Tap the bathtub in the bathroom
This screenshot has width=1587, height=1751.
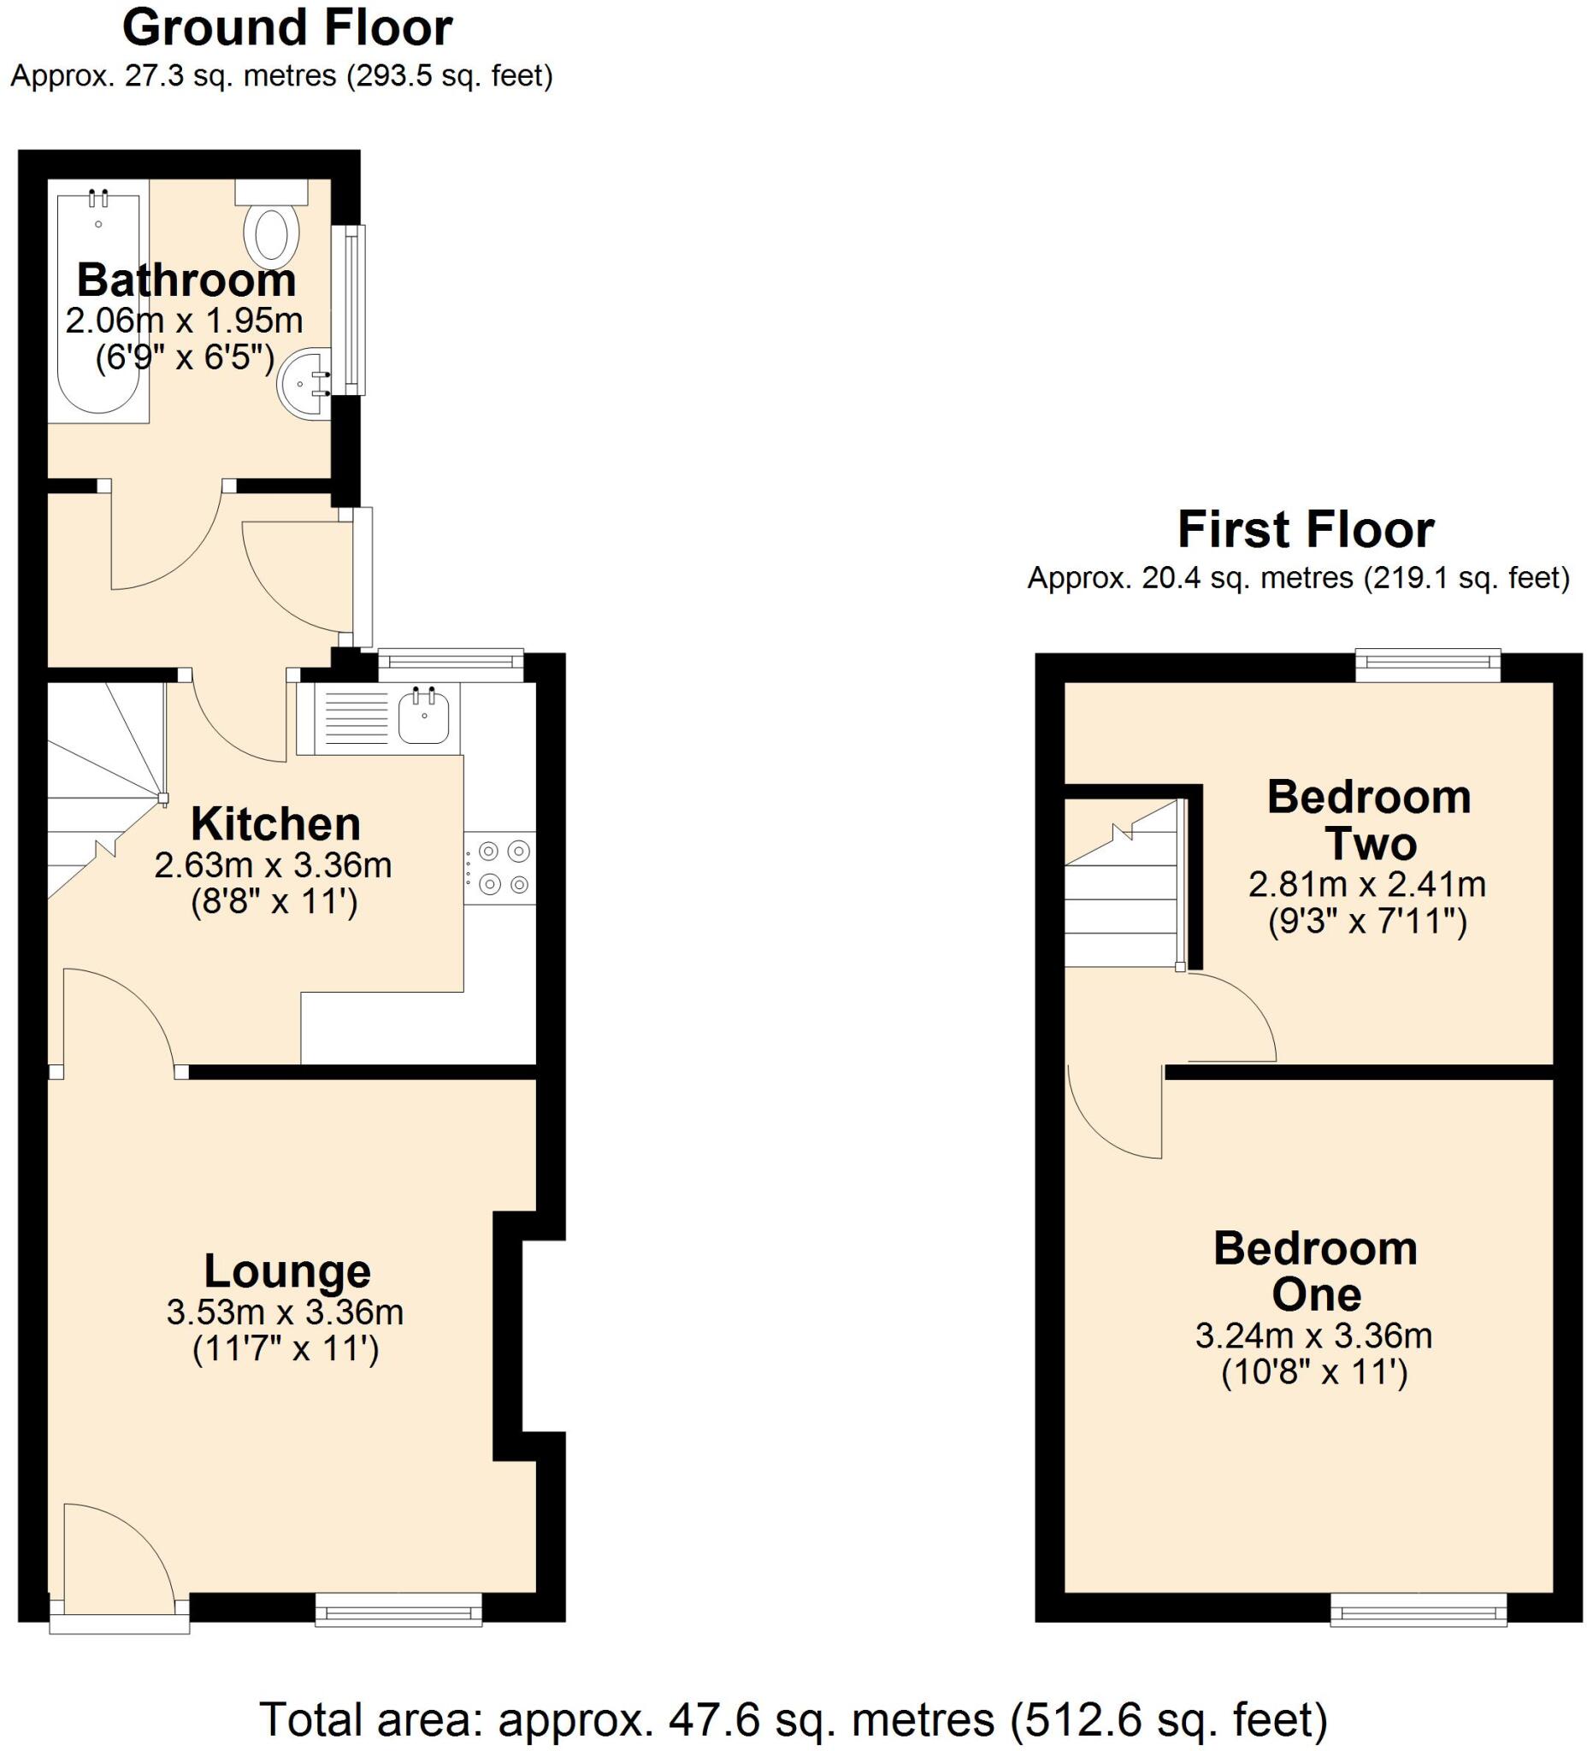click(x=97, y=304)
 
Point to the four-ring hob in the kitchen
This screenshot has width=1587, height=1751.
click(x=499, y=867)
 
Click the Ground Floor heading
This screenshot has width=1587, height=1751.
click(x=286, y=28)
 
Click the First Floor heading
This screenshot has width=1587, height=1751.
click(x=1305, y=529)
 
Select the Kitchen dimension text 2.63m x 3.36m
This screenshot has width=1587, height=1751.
click(x=273, y=865)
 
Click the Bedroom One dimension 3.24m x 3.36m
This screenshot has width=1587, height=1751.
click(x=1313, y=1335)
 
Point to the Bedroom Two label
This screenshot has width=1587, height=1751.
click(x=1369, y=820)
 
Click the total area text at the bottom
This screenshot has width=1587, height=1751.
click(x=793, y=1719)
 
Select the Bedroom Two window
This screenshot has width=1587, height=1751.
click(x=1428, y=665)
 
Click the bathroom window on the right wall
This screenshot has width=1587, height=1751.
click(x=354, y=310)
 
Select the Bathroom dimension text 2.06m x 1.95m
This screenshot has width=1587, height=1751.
click(x=184, y=321)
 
